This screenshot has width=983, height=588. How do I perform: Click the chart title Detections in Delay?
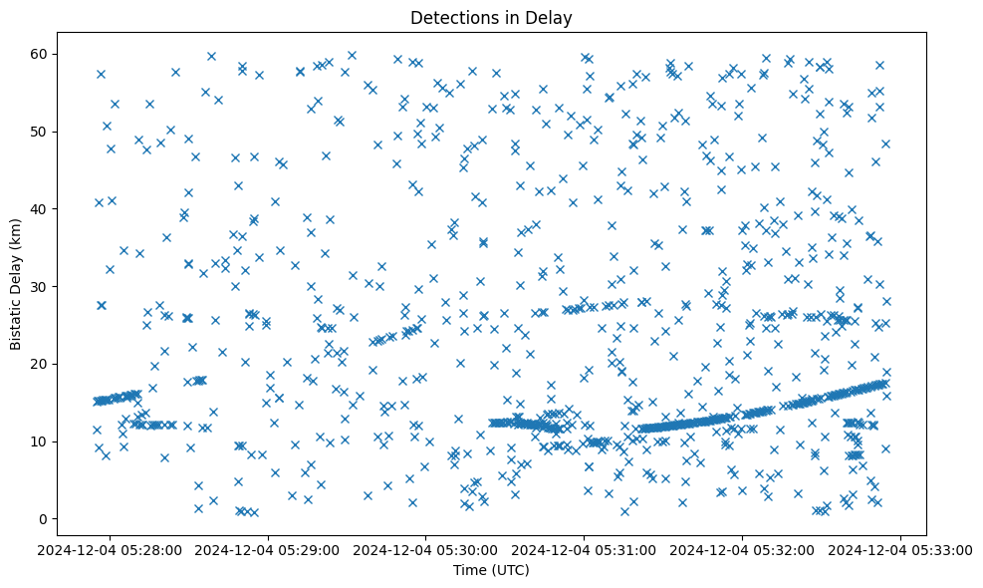click(x=491, y=17)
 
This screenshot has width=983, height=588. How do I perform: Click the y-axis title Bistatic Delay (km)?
click(x=17, y=286)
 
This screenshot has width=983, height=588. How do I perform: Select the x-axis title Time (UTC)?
click(x=491, y=570)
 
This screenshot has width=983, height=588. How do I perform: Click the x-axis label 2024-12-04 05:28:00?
click(x=110, y=548)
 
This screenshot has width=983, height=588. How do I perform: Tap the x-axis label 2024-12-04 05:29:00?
click(x=269, y=548)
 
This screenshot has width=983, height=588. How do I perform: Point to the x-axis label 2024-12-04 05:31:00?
click(x=585, y=548)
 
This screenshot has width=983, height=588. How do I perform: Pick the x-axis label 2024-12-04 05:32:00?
click(x=743, y=548)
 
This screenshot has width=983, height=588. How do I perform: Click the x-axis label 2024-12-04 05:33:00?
click(x=901, y=548)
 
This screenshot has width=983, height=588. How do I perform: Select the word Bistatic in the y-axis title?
click(x=17, y=323)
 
